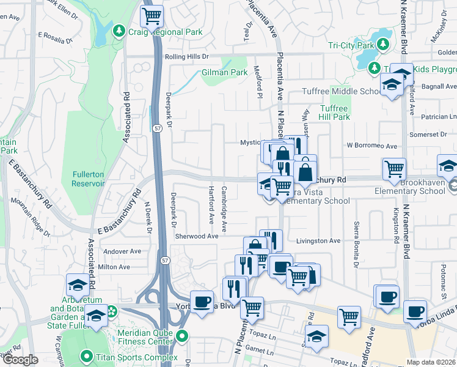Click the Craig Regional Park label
(x=164, y=31)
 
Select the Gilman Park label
(x=224, y=72)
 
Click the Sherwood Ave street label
(x=197, y=236)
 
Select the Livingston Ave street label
(x=318, y=241)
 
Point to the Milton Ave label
(x=114, y=267)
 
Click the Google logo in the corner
(x=20, y=360)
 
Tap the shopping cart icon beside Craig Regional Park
(x=152, y=14)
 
